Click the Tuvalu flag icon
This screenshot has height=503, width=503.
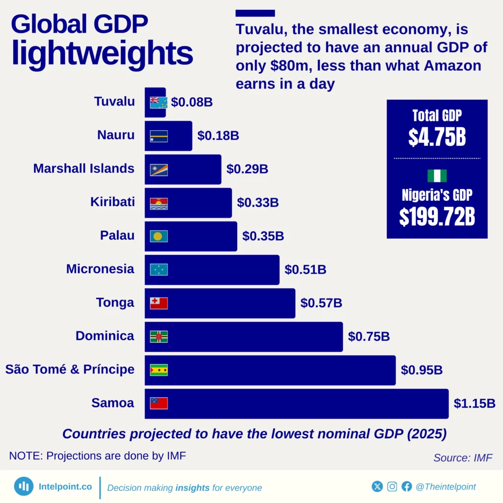click(x=159, y=102)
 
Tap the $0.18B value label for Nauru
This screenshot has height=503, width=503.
click(x=218, y=136)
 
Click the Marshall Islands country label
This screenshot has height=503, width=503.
click(x=84, y=168)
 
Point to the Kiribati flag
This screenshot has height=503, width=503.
click(x=159, y=203)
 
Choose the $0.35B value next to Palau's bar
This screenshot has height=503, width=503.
click(x=263, y=236)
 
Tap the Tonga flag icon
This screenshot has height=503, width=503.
click(x=159, y=303)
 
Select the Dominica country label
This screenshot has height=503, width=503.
click(x=105, y=336)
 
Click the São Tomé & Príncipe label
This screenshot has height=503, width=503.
click(x=70, y=369)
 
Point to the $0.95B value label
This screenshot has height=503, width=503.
click(x=421, y=370)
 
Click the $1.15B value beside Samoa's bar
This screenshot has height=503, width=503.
click(x=474, y=404)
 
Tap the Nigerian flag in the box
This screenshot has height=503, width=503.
click(x=437, y=176)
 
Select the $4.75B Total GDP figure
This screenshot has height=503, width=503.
click(x=437, y=138)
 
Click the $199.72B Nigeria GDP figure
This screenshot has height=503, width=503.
click(x=437, y=217)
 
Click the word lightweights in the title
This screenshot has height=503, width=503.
click(x=102, y=53)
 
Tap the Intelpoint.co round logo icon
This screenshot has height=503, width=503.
click(x=24, y=486)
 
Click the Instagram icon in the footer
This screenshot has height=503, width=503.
click(x=392, y=487)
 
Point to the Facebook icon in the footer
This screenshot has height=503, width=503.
click(x=407, y=487)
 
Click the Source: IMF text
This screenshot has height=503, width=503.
click(x=462, y=458)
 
